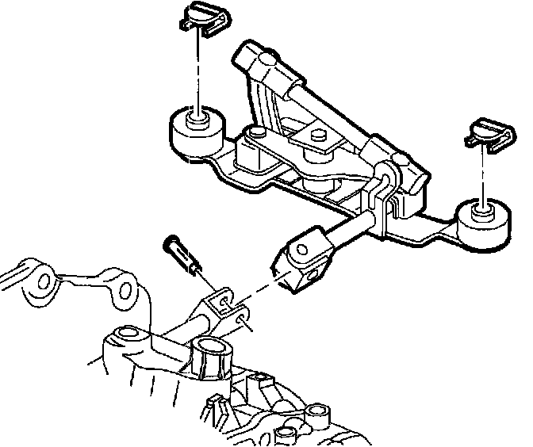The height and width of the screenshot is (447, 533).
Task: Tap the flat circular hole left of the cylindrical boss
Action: click(x=126, y=334)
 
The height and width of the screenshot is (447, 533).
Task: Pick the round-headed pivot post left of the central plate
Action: click(x=255, y=135)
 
